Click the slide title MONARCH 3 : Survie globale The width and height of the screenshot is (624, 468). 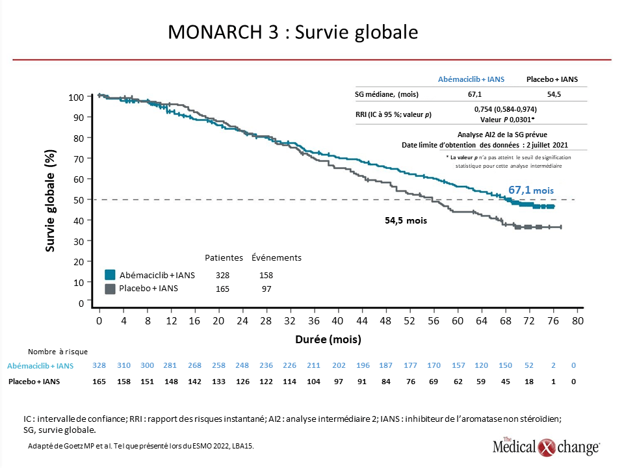[x=293, y=32]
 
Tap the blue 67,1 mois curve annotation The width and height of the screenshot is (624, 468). [x=531, y=190]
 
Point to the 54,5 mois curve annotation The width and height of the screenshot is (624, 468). [x=406, y=220]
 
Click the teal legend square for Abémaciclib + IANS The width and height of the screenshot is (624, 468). [x=110, y=274]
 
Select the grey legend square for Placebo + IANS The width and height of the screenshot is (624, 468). [x=110, y=289]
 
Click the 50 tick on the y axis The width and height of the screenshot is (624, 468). [x=79, y=200]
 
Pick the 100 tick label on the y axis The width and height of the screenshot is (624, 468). [x=76, y=97]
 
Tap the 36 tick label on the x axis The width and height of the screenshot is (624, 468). [x=313, y=320]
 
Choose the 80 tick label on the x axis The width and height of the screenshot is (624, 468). [x=577, y=320]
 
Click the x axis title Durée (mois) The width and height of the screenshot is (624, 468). [x=328, y=339]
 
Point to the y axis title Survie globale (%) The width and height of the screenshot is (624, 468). [x=50, y=201]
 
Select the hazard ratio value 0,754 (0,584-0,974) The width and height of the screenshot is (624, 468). [x=506, y=109]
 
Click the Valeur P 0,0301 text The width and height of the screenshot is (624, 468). [x=507, y=120]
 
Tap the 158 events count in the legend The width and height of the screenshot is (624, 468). [x=266, y=275]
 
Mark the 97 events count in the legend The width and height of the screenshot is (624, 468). [x=266, y=289]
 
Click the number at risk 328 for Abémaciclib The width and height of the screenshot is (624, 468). [x=99, y=365]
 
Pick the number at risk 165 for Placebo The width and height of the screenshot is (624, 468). [x=99, y=382]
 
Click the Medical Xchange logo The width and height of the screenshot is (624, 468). [x=546, y=447]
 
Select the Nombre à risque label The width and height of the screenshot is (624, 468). [x=58, y=352]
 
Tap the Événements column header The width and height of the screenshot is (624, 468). [x=277, y=257]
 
